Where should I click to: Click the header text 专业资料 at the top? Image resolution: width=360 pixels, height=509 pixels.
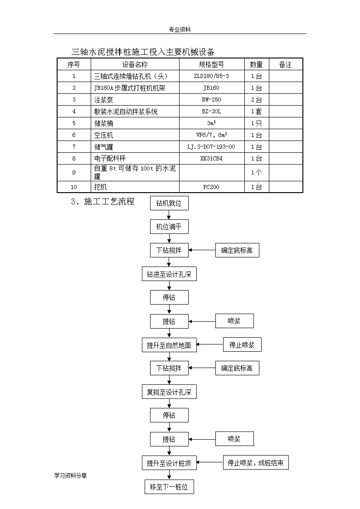coord(180,29)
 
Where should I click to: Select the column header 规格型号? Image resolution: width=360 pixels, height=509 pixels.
coord(211,64)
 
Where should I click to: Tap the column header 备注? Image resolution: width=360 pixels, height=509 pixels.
coord(285,64)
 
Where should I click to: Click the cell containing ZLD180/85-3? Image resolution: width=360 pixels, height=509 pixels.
coord(211,76)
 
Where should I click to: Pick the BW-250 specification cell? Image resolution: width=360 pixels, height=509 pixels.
coord(211,100)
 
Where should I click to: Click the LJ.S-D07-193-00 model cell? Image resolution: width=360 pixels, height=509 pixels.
coord(211,147)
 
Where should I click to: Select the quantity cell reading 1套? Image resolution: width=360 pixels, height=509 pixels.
coord(257,111)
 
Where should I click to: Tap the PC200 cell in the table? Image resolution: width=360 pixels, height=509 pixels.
coord(211,187)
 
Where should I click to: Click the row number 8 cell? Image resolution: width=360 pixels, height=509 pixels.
coord(74,159)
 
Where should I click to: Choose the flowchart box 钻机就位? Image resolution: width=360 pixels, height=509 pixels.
coord(169,203)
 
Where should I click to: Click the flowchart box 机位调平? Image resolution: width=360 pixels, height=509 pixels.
coord(169,227)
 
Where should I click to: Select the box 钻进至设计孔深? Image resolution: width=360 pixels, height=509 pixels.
coord(169,274)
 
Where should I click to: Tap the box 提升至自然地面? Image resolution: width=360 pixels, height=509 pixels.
coord(169,345)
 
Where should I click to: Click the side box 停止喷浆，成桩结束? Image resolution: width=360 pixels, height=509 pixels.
coord(256,463)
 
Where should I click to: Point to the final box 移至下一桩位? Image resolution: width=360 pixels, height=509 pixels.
coord(169,487)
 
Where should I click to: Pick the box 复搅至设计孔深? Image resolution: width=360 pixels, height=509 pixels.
coord(169,392)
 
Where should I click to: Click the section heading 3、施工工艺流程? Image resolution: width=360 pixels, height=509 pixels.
coord(102,202)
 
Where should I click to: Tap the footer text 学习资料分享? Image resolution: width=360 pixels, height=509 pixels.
coord(70,475)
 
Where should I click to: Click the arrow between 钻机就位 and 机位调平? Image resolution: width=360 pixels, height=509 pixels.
coord(169,215)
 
